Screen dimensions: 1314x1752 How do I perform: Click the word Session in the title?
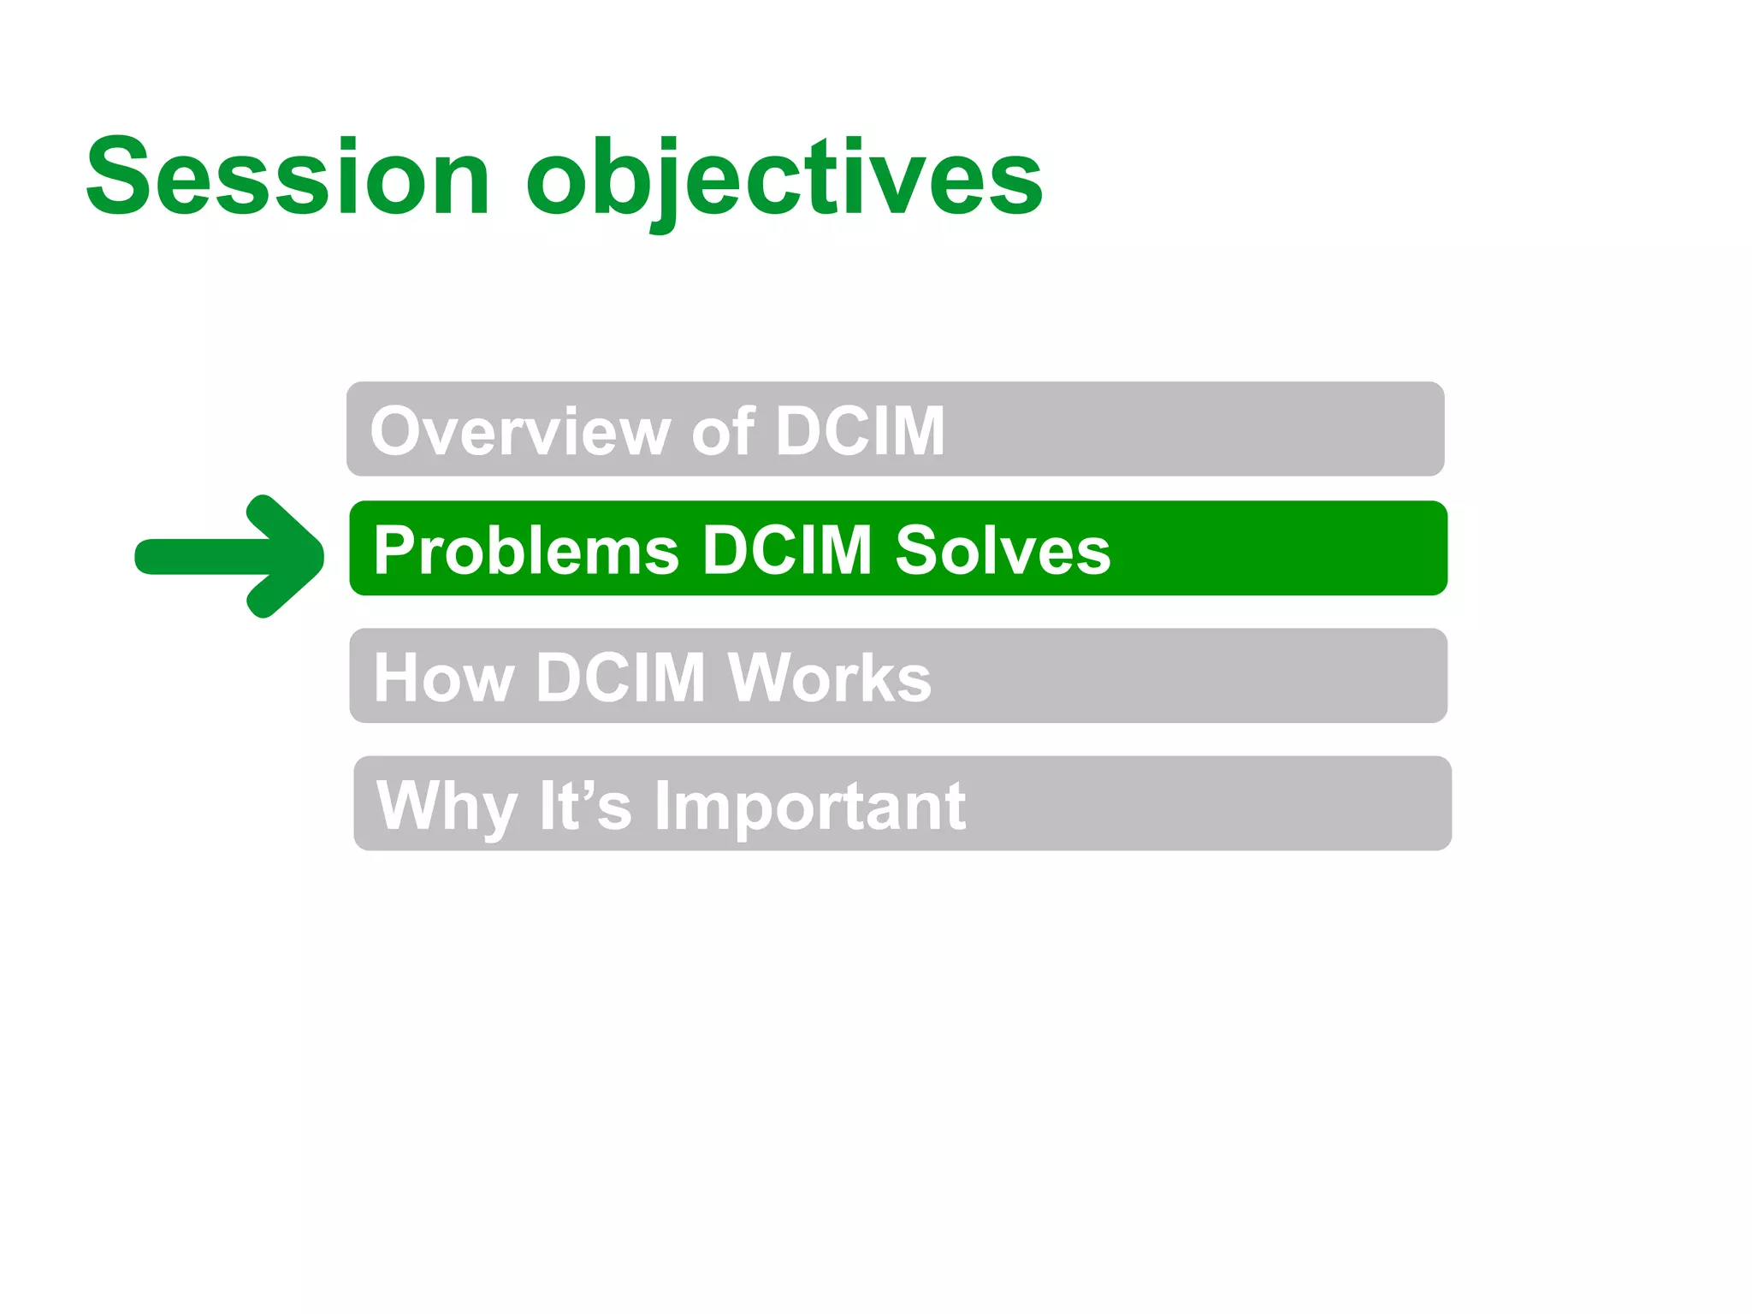click(x=287, y=178)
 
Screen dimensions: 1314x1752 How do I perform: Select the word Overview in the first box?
click(x=520, y=431)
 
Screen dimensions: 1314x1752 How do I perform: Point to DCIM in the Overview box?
click(x=859, y=431)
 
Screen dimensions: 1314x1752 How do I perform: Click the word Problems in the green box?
click(x=526, y=550)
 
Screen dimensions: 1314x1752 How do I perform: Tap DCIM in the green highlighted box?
click(x=786, y=550)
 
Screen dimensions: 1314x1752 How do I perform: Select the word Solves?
click(x=1003, y=550)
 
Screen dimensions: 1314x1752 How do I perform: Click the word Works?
click(x=829, y=678)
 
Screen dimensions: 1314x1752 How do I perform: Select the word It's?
click(x=585, y=806)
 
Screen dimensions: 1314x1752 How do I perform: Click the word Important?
click(x=810, y=806)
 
